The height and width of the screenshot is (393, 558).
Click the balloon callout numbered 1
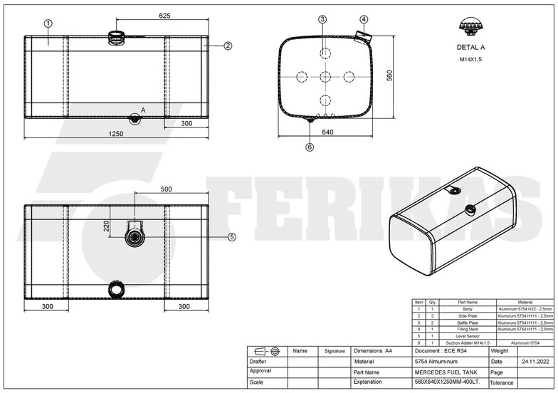coord(48,23)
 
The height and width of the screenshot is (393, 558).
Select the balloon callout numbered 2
coord(228,46)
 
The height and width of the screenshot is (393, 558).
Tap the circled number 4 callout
coord(364,19)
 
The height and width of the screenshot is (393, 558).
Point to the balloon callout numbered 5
coord(231,236)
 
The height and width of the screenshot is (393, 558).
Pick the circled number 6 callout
coord(310,147)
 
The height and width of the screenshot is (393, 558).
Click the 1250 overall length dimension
coord(116,133)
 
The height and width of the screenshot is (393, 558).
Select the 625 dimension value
coord(164,15)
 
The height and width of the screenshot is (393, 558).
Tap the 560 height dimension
coord(389,76)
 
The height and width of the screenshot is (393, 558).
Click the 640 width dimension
coord(327,132)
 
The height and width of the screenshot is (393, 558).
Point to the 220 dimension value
coord(106,226)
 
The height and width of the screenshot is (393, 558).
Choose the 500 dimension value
coord(166,190)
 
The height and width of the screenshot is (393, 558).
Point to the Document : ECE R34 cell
coord(439,351)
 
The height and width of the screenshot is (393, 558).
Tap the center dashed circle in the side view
coord(325,76)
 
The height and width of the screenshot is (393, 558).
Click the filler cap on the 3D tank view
coord(469,209)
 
